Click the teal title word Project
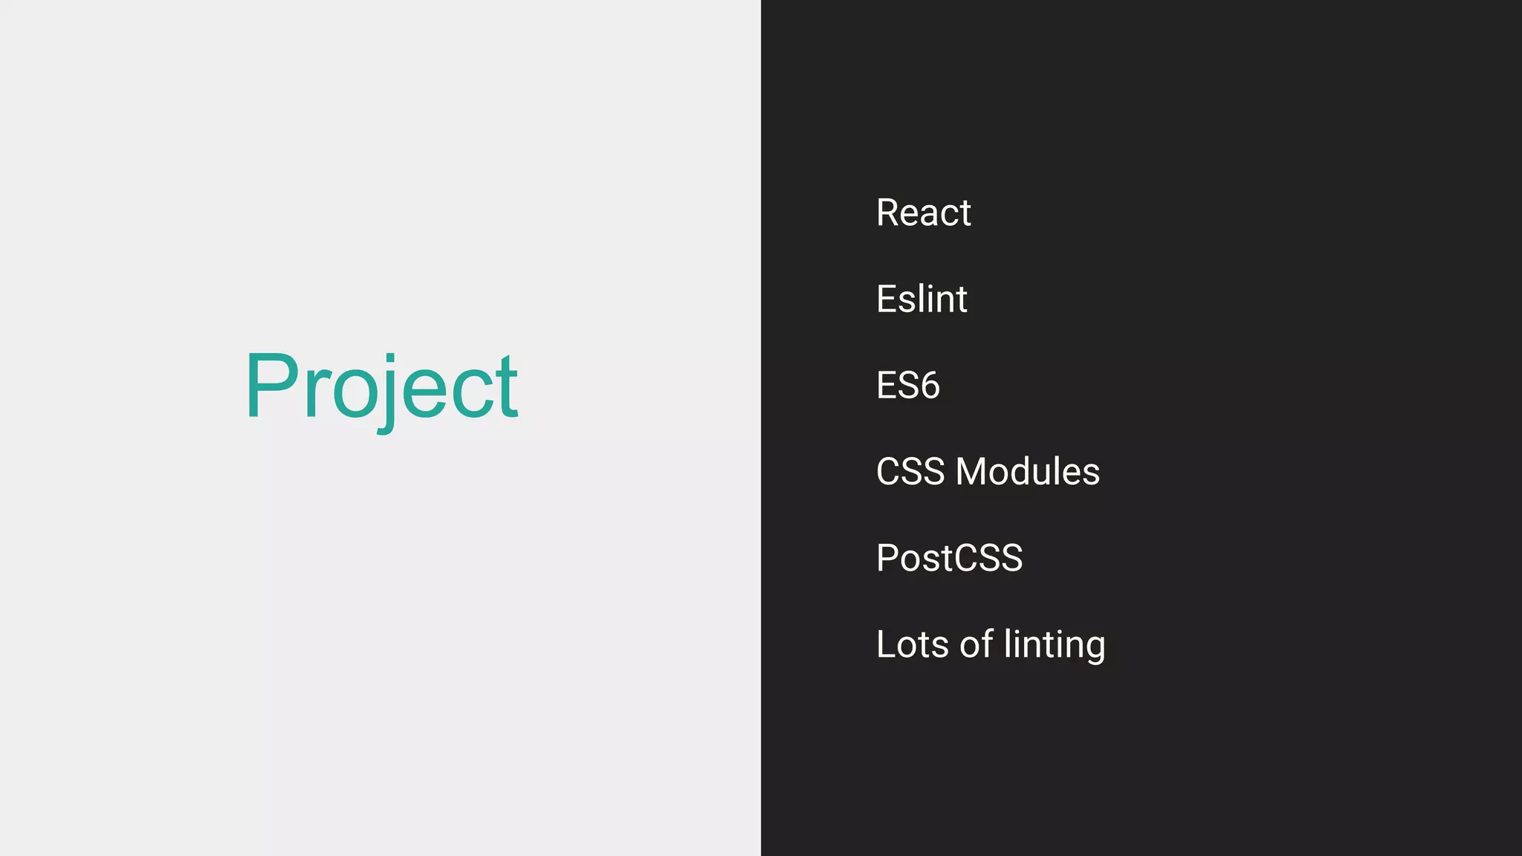pos(381,386)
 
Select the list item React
pos(923,213)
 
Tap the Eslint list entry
pos(922,299)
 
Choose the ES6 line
pos(907,386)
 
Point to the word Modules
pos(1027,472)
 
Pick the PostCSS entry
pos(949,558)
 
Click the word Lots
pos(912,644)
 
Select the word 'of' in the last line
pos(976,643)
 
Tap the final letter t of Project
pos(507,388)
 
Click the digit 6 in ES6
pos(929,386)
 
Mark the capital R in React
pos(889,213)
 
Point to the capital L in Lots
pos(886,644)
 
